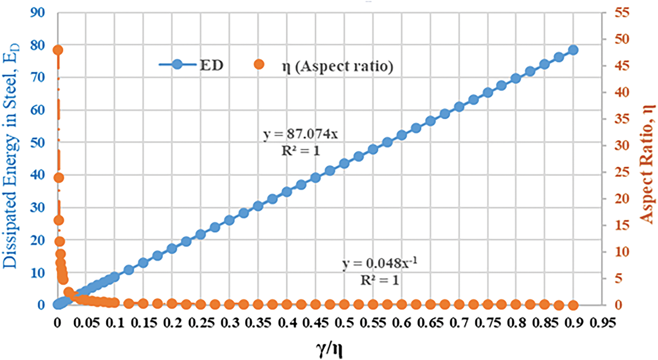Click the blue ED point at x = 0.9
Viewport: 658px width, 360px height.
(x=573, y=50)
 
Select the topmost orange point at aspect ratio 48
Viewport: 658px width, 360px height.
(x=58, y=50)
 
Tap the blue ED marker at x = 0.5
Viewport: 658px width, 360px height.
(x=344, y=164)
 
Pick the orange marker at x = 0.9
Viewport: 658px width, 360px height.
(x=573, y=305)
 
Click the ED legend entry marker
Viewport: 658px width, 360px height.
(x=177, y=64)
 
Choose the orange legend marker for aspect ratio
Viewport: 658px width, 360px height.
(x=259, y=64)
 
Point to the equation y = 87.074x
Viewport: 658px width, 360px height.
(x=301, y=134)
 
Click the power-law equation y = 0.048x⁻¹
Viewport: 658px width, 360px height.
(x=380, y=263)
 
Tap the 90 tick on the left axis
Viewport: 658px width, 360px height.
(x=37, y=13)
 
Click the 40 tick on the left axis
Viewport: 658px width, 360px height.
(x=37, y=174)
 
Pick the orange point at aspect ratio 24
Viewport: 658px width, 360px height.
(x=58, y=178)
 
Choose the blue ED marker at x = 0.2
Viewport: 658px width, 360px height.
(x=172, y=249)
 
